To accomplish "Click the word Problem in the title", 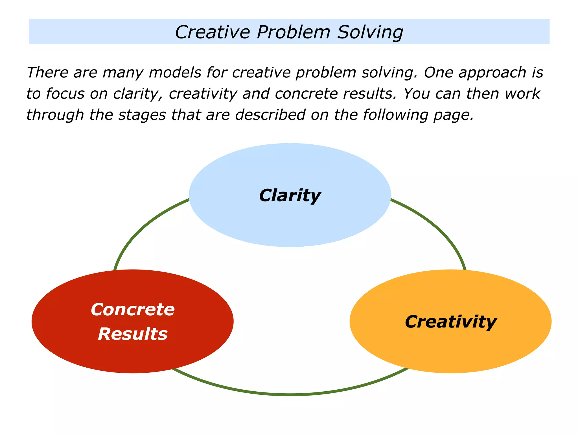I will [x=293, y=32].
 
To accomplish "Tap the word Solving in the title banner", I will [x=370, y=32].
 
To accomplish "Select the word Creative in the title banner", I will [x=213, y=32].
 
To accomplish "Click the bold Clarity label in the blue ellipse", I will [x=290, y=196].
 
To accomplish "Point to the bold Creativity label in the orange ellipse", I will [x=450, y=322].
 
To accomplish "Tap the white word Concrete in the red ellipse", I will [x=133, y=310].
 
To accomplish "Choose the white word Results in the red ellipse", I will [x=133, y=334].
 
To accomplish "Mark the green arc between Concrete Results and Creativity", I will [x=289, y=394].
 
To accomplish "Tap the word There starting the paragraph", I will [x=47, y=73].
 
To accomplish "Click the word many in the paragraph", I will [x=123, y=73].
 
